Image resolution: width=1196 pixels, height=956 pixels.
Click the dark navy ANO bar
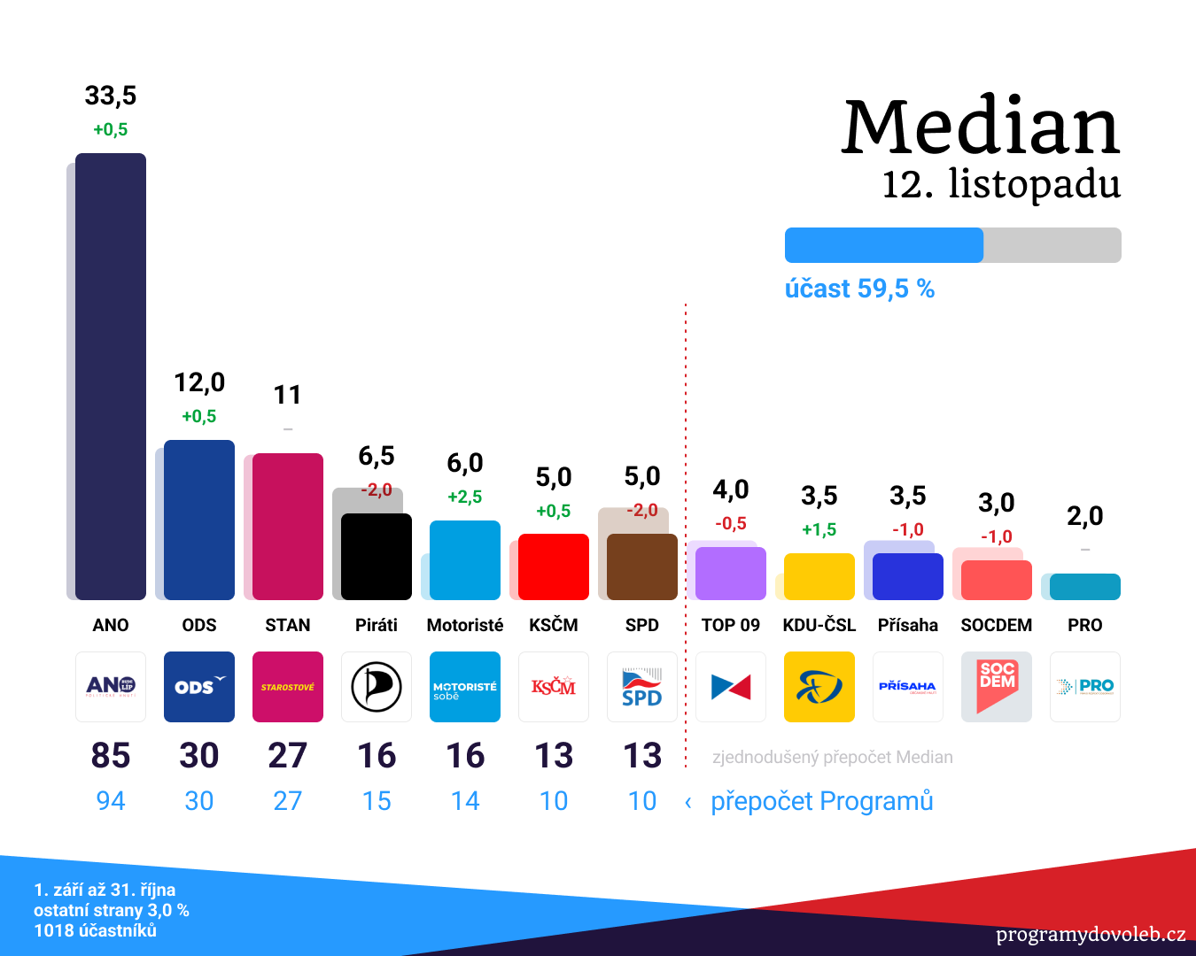111,376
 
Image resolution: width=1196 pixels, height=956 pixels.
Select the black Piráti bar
377,557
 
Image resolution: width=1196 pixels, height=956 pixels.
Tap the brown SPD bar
642,567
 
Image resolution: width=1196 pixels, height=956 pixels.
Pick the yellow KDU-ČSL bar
819,576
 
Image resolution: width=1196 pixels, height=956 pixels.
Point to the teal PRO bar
1085,587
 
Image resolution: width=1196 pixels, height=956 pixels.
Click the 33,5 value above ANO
111,96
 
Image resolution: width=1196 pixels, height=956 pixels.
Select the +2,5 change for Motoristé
465,497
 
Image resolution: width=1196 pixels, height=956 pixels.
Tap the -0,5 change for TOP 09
731,523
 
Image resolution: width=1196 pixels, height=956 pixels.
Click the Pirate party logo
377,687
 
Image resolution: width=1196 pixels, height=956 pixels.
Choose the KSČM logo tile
554,687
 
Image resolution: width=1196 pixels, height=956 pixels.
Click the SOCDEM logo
997,687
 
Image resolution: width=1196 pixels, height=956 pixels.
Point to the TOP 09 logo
731,687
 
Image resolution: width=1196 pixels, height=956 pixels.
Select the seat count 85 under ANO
111,756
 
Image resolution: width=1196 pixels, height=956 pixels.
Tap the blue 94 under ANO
111,801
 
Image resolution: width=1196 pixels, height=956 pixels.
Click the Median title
981,127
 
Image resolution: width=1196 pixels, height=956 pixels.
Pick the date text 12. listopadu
1001,184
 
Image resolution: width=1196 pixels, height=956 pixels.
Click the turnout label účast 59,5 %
859,289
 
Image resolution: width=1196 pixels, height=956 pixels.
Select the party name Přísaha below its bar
908,625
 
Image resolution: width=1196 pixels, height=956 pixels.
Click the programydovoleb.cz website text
1091,935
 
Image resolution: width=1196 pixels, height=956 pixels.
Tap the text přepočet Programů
821,801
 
